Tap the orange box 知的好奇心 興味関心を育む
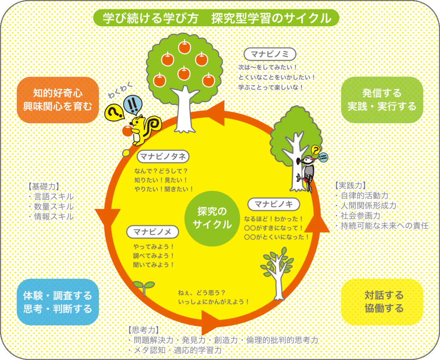pyautogui.click(x=58, y=100)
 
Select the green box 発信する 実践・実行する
pyautogui.click(x=382, y=100)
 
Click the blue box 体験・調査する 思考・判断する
pyautogui.click(x=58, y=302)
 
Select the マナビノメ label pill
pyautogui.click(x=153, y=232)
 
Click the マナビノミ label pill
pyautogui.click(x=270, y=54)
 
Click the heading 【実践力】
pyautogui.click(x=350, y=186)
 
